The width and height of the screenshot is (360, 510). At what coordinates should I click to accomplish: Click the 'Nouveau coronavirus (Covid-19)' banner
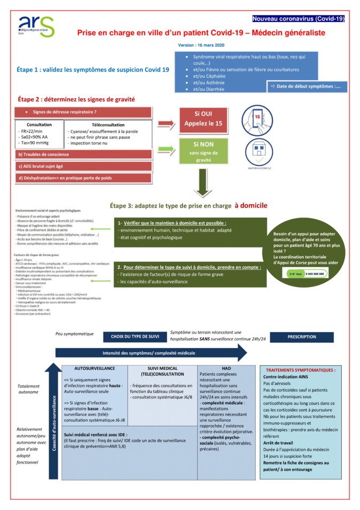tap(299, 19)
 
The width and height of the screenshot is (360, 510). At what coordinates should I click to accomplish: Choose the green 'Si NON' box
tap(203, 151)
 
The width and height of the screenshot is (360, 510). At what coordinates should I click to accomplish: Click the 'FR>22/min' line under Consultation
tap(30, 131)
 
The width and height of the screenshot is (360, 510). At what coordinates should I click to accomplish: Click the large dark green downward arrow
tap(203, 184)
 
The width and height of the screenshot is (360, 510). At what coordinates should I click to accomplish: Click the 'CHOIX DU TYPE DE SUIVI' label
tap(135, 337)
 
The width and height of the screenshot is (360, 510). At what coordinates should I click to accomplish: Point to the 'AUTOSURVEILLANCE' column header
tap(95, 369)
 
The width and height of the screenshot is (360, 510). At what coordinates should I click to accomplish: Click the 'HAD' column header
tap(226, 368)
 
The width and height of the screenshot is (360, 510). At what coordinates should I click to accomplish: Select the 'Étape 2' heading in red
tap(76, 99)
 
